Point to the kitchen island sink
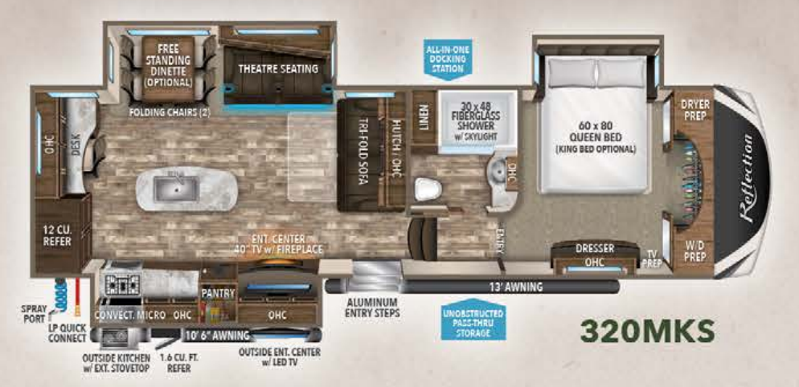point(173,189)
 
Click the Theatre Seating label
point(278,69)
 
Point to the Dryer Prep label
point(694,110)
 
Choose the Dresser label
point(595,249)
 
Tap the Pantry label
point(217,293)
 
